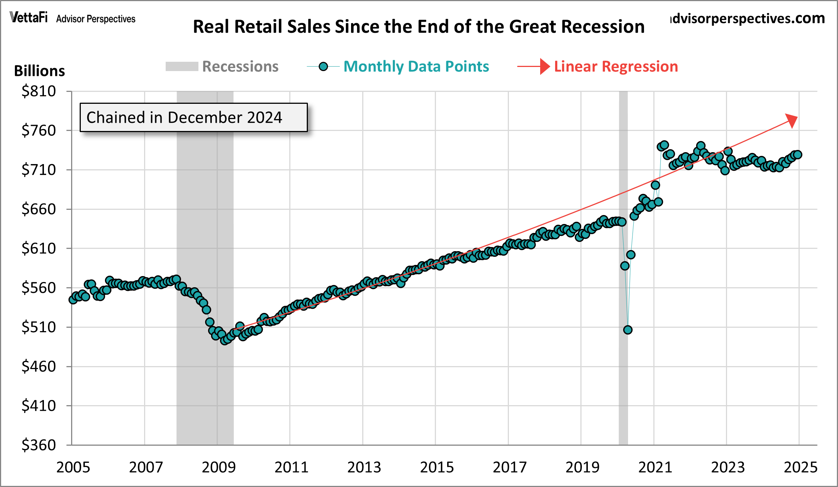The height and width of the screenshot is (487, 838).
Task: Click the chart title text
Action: (x=418, y=27)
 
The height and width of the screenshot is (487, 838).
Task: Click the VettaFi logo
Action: (x=29, y=17)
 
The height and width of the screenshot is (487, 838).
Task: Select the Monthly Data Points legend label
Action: (x=416, y=67)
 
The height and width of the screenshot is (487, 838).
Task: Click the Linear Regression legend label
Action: (x=616, y=67)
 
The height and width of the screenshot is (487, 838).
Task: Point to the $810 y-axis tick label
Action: (x=39, y=91)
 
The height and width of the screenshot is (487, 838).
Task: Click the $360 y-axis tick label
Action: (x=39, y=445)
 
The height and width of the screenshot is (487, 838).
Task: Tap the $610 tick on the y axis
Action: (x=39, y=248)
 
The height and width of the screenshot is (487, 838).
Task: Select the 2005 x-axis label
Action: (x=73, y=467)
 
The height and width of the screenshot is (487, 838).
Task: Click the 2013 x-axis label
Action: (x=364, y=467)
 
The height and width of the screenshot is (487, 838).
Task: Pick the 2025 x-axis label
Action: (x=800, y=467)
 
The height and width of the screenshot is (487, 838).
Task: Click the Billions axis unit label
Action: (x=39, y=71)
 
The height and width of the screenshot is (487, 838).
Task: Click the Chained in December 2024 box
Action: (x=194, y=118)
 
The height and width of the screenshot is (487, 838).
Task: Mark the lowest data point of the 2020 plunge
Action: (x=628, y=330)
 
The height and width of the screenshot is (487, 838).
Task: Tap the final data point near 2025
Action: (x=797, y=154)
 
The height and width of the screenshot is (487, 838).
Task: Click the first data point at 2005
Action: (x=73, y=299)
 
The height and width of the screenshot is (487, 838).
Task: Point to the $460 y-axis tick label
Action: (x=39, y=366)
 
